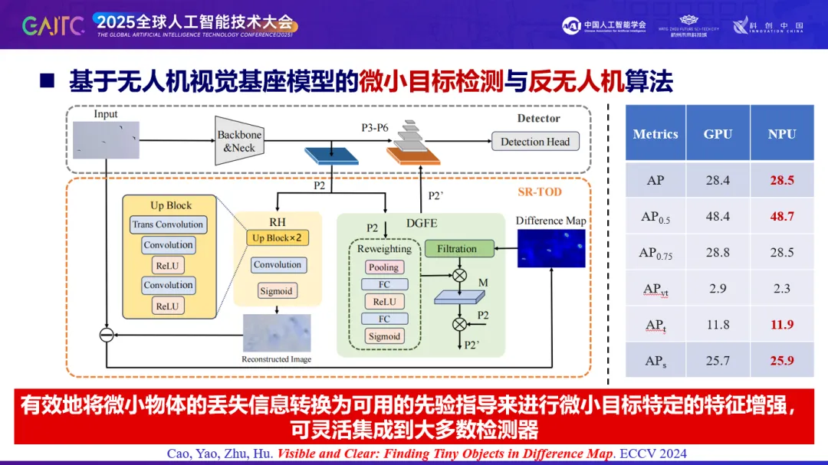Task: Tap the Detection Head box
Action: click(x=535, y=142)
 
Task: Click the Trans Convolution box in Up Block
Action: click(x=168, y=224)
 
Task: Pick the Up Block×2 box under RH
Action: click(x=278, y=238)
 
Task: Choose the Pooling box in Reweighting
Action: click(x=383, y=267)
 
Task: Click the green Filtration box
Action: click(x=457, y=249)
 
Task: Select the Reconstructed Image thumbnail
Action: click(x=277, y=333)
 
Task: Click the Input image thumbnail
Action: click(x=106, y=140)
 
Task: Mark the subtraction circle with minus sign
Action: click(x=107, y=335)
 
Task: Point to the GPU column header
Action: click(x=718, y=133)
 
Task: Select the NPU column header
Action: click(x=782, y=133)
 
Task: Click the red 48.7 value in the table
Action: click(x=782, y=217)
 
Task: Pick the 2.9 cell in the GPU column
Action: click(x=718, y=288)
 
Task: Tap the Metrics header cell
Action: click(x=655, y=134)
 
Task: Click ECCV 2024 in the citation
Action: click(x=651, y=454)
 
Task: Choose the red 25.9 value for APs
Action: click(x=782, y=360)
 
